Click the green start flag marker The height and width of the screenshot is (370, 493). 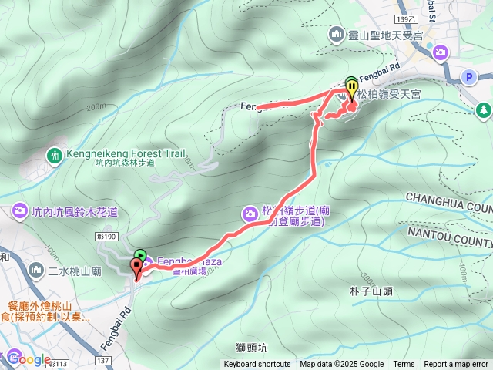(139, 255)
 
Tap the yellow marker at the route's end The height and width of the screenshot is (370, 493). (351, 86)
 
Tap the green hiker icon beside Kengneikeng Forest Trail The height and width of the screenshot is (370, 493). (55, 155)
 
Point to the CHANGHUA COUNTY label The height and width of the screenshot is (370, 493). (447, 203)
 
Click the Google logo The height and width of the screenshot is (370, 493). (29, 358)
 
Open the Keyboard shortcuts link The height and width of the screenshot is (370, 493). (257, 365)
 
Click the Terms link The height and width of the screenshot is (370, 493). (404, 365)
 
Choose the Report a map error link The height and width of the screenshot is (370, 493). (456, 365)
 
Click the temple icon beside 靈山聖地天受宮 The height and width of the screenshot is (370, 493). (336, 35)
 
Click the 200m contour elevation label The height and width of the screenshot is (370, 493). (96, 106)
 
